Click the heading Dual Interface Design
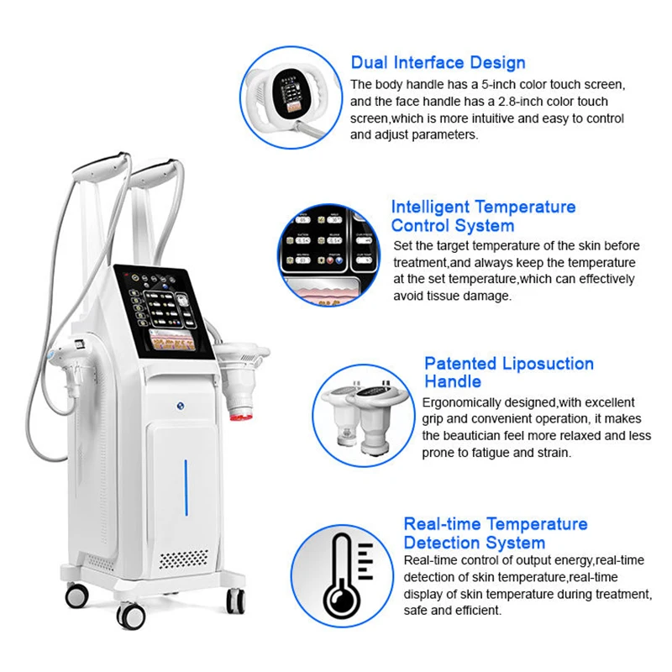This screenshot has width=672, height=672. click(438, 63)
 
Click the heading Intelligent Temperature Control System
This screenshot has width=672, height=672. click(483, 216)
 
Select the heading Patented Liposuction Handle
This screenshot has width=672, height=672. click(508, 373)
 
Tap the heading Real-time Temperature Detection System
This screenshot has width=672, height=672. click(495, 533)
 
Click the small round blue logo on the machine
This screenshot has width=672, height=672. click(180, 404)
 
